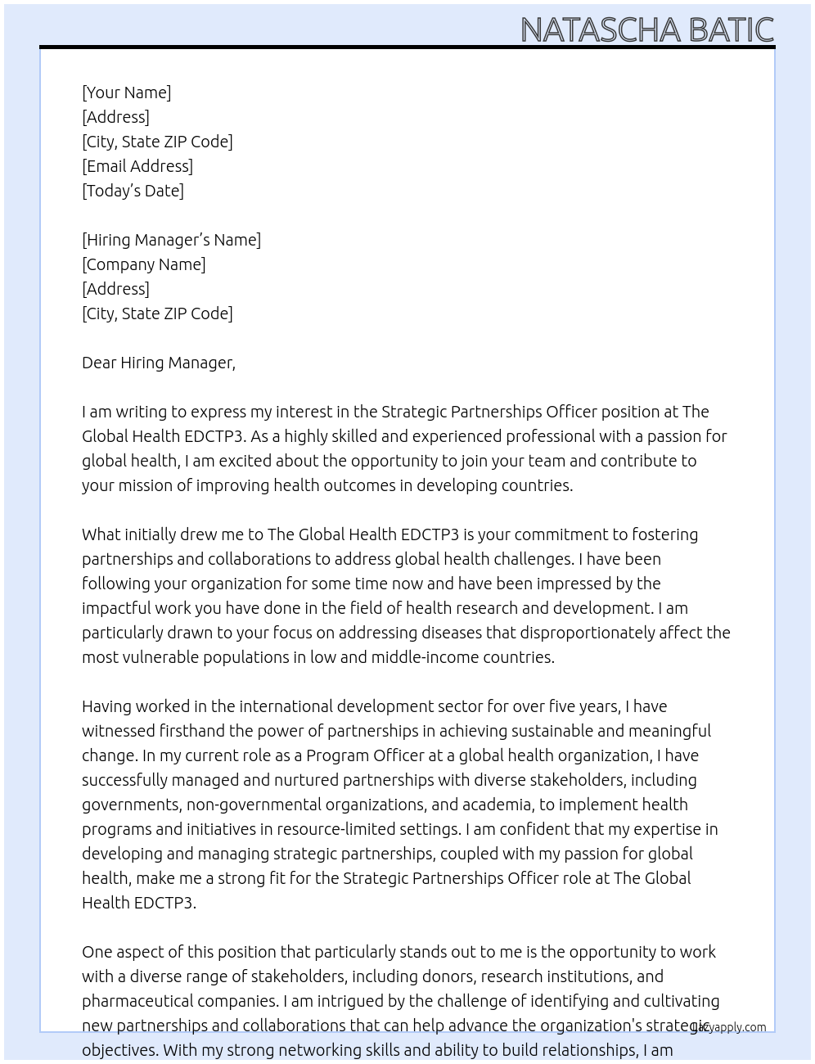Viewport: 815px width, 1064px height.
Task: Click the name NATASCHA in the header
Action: coord(601,30)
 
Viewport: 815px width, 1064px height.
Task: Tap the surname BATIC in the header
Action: coord(731,30)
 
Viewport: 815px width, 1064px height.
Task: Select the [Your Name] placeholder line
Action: coord(126,92)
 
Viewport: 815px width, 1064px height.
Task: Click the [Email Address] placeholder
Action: coord(137,166)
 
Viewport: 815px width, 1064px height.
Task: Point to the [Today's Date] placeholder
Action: coord(133,191)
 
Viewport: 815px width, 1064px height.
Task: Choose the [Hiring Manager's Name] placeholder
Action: coord(171,240)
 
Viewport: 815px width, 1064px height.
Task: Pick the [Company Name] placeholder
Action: coord(143,264)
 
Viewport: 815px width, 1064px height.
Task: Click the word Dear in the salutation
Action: coord(98,363)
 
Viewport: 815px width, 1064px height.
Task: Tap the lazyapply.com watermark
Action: coord(728,1027)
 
